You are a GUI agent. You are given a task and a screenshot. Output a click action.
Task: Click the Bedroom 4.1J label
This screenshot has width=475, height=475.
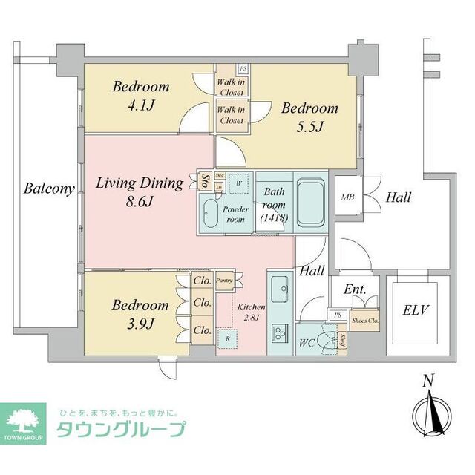tap(140, 94)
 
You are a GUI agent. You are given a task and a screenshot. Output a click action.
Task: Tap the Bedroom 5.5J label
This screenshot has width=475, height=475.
tap(309, 116)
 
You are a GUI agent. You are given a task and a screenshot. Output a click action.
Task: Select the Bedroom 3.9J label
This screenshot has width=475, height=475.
tap(140, 313)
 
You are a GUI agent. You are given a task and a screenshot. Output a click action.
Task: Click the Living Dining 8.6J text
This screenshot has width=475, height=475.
tap(139, 192)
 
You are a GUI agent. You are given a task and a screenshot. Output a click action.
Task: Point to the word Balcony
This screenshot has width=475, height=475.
tap(49, 189)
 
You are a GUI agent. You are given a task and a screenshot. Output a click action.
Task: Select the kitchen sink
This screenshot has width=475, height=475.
tap(281, 287)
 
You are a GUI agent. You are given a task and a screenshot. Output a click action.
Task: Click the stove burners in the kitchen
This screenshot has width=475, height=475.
tap(281, 334)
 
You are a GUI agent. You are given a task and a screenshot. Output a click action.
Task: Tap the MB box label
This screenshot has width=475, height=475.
tap(347, 197)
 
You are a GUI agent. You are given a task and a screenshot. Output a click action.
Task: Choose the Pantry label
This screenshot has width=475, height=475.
tap(225, 281)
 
